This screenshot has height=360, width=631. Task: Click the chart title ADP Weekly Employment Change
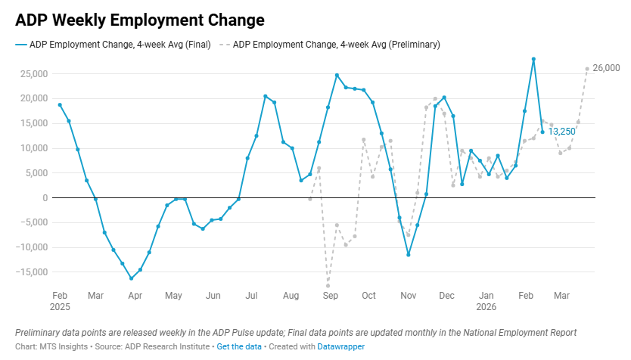(140, 19)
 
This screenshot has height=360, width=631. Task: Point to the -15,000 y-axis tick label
(32, 272)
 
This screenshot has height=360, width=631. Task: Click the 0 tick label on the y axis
(45, 198)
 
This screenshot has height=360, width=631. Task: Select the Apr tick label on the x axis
(134, 295)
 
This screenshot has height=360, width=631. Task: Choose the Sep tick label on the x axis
(330, 295)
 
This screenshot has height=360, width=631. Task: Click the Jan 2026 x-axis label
(486, 301)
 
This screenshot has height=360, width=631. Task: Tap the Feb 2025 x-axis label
(60, 301)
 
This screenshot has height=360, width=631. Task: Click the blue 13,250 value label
(562, 132)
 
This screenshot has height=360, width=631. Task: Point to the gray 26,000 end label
(606, 68)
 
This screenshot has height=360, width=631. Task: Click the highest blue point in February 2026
(533, 59)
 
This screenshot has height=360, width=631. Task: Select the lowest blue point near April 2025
(131, 278)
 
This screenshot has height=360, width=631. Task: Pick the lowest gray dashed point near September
(328, 286)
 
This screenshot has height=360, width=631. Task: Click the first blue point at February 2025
(60, 104)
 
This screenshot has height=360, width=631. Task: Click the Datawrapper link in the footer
(342, 346)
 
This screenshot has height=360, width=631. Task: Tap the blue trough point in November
(409, 255)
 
